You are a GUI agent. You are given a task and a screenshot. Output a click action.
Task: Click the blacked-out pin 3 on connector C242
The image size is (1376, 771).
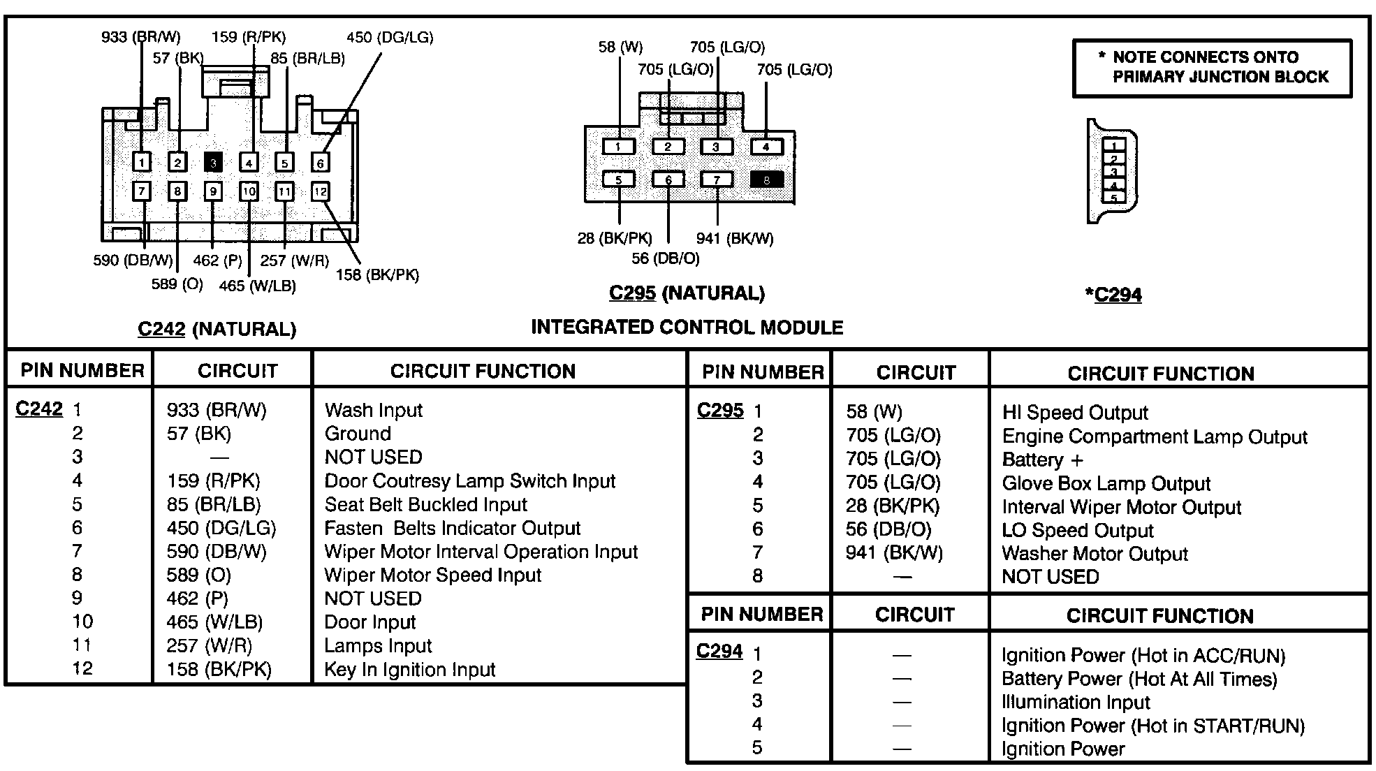213,163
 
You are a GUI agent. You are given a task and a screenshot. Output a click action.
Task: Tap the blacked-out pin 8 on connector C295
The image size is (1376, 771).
766,179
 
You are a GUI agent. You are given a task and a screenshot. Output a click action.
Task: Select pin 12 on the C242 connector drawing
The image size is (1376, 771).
320,191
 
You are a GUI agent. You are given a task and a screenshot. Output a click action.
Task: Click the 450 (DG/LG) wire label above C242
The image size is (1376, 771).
390,37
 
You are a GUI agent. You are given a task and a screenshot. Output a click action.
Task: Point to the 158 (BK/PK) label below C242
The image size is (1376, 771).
377,274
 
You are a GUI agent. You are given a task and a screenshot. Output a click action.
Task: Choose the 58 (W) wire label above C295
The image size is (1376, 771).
620,47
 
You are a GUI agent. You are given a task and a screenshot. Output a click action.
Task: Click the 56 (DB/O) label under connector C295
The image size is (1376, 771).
665,258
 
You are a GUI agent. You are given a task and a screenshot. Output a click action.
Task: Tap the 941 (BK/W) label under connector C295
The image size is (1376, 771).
735,238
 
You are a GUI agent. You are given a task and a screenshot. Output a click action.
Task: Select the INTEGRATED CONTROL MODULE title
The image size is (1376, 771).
687,327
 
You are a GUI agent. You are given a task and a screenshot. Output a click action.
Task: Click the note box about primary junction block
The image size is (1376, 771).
1212,67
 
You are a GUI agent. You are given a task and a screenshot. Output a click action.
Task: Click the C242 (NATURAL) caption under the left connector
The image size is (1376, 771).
217,329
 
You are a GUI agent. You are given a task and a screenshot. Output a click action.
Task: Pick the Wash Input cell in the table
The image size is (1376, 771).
374,410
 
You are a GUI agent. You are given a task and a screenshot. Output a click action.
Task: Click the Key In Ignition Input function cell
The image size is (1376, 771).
409,669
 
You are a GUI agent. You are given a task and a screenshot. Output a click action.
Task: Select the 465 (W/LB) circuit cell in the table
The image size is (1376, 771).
214,622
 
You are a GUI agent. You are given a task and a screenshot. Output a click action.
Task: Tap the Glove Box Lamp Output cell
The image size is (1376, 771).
1106,483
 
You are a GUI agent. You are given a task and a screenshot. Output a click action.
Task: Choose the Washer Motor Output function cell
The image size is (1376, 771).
1095,554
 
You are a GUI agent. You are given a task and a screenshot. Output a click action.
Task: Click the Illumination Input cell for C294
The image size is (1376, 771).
1076,702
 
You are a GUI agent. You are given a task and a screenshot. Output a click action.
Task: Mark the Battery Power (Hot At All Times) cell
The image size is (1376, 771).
1139,679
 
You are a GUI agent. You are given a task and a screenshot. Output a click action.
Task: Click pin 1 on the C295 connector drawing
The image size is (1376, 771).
618,147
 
